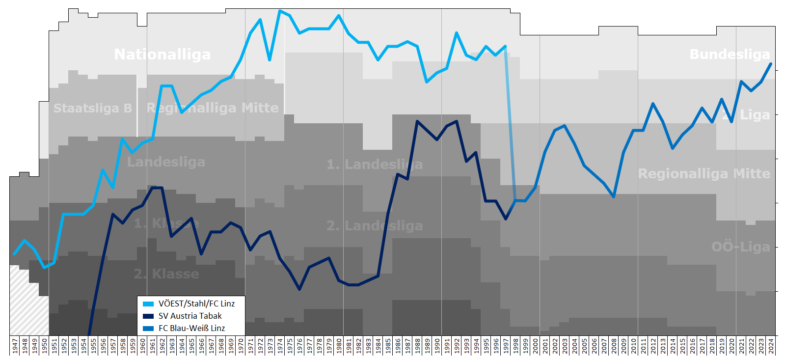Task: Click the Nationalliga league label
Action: point(162,55)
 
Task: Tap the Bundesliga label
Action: point(730,55)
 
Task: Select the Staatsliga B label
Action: point(92,108)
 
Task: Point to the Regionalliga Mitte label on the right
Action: point(704,173)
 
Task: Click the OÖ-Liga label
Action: point(740,247)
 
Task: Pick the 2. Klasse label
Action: point(166,274)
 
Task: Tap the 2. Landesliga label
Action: point(374,225)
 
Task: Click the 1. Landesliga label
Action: point(374,164)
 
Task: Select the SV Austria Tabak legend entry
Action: point(190,316)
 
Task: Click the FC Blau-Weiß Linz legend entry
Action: point(191,328)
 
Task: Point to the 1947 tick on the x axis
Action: point(15,345)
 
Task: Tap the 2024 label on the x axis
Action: point(771,345)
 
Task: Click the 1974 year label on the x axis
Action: point(280,345)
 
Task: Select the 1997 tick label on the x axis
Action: point(506,345)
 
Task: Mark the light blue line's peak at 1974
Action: point(280,11)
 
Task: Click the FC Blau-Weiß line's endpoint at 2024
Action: point(771,64)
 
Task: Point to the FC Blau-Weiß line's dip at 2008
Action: point(614,196)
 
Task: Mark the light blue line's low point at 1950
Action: point(44,267)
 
